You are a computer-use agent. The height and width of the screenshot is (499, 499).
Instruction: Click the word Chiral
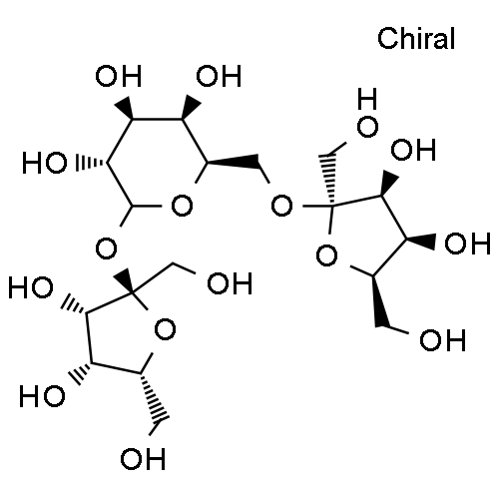tap(416, 38)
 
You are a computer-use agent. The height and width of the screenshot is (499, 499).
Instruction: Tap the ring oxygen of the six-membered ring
tap(182, 206)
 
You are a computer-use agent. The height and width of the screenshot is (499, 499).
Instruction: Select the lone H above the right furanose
tap(367, 99)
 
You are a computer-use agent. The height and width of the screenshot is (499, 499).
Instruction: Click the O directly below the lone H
tap(367, 127)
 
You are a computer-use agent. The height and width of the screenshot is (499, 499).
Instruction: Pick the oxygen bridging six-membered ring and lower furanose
tap(106, 249)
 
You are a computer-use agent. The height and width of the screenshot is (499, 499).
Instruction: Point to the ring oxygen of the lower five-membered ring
tap(165, 329)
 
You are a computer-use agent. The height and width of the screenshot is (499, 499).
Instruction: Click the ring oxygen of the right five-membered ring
tap(327, 255)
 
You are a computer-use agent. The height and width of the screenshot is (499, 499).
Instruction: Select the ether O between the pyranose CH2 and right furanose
tap(281, 206)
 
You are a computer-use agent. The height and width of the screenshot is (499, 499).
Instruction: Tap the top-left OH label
tap(119, 76)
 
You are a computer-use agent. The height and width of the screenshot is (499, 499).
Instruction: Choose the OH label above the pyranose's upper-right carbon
tap(219, 76)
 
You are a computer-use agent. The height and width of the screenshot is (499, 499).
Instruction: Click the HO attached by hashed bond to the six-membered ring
tap(44, 163)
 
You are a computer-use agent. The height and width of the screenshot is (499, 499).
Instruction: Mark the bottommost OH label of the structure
tap(143, 459)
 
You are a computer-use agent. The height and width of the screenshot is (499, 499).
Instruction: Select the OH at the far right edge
tap(467, 244)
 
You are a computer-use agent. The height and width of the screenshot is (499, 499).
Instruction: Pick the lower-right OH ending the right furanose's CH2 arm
tap(442, 340)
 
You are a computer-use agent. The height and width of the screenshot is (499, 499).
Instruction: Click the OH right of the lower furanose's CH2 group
tap(230, 283)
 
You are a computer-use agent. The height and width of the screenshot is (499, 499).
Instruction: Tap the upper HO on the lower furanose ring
tap(31, 287)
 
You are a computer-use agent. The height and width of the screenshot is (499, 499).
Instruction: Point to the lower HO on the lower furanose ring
tap(42, 395)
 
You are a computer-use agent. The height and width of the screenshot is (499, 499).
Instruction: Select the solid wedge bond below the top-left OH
tap(125, 108)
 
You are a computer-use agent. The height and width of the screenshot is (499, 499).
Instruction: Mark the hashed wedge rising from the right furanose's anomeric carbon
tap(328, 180)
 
